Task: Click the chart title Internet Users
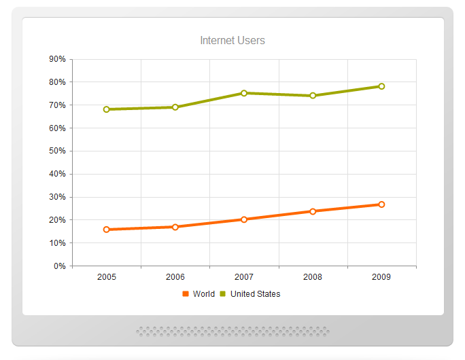click(232, 41)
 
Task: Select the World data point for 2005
click(107, 230)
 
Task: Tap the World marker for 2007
click(244, 219)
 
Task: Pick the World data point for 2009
click(381, 204)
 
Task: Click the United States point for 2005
click(107, 109)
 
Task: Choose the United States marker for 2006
click(175, 107)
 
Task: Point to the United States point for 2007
click(244, 93)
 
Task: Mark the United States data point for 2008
click(313, 96)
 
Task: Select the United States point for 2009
click(381, 86)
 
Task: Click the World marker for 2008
click(313, 211)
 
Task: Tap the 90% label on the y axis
click(57, 59)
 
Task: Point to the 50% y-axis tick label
click(57, 151)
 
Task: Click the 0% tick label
click(59, 266)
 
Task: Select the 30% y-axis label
click(57, 197)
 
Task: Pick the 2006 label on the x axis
click(175, 277)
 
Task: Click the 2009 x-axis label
click(381, 277)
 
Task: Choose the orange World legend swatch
click(186, 294)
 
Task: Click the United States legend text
click(255, 294)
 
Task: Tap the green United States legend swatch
click(223, 294)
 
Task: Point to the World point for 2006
click(175, 227)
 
